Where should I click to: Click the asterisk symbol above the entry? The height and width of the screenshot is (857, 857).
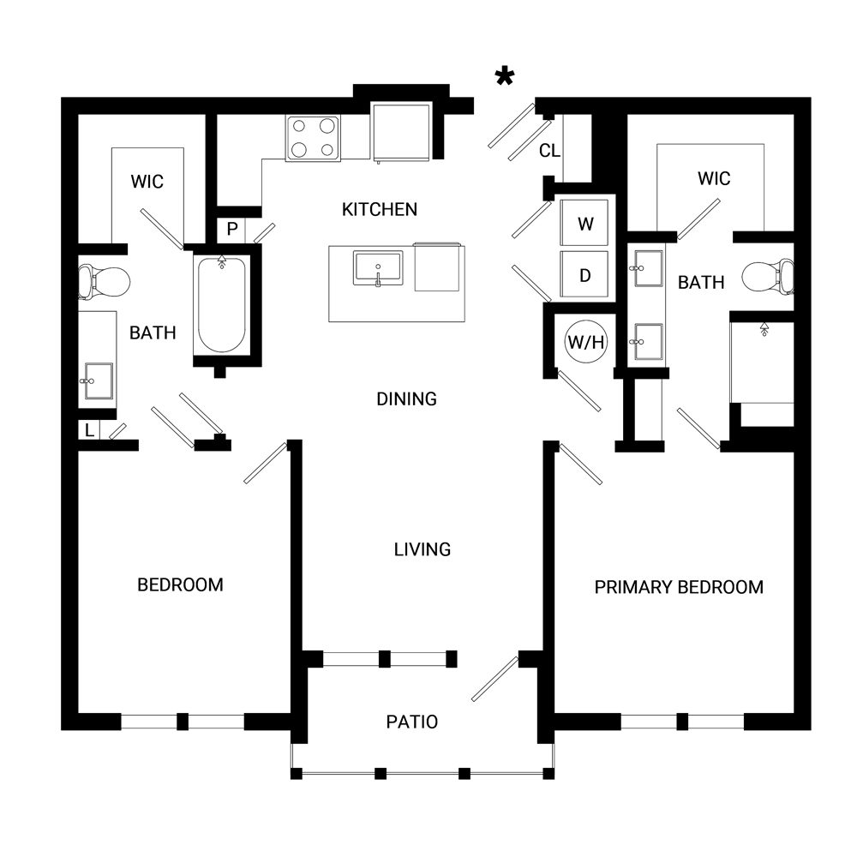point(505,76)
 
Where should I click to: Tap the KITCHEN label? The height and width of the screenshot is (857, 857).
point(380,209)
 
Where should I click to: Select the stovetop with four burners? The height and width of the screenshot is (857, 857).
point(313,138)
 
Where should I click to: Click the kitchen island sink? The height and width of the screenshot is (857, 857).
point(378,267)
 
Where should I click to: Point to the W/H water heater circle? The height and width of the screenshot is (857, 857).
point(585,342)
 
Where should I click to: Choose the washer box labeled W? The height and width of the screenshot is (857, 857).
point(584,223)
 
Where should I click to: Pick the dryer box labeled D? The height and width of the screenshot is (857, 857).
point(584,274)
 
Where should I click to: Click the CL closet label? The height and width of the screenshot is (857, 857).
point(549,151)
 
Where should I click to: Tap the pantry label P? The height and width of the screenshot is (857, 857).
point(232,229)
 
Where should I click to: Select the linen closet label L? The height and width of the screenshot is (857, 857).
point(90,431)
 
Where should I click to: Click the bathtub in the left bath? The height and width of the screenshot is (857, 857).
point(221,304)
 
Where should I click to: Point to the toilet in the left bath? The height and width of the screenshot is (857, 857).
point(104,282)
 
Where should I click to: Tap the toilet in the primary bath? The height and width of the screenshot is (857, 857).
point(768,277)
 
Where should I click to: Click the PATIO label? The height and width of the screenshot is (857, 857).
point(412,722)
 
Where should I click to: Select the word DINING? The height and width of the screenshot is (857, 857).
point(406,399)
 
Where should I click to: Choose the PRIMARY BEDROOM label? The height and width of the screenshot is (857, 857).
point(679,587)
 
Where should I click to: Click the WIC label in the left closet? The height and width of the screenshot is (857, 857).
point(147,182)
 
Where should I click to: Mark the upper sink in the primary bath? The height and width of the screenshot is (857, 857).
point(649,268)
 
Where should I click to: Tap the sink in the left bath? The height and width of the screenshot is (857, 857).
point(99,381)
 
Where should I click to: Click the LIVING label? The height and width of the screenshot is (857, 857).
point(423,549)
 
